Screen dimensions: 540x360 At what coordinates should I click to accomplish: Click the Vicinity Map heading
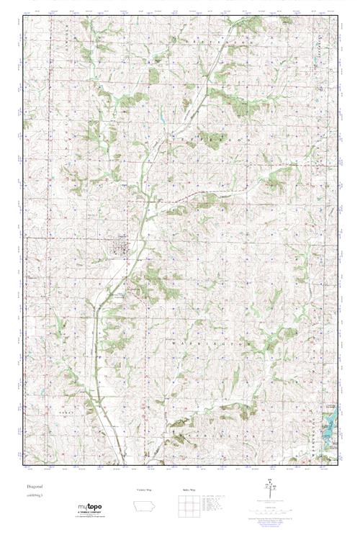145,490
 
